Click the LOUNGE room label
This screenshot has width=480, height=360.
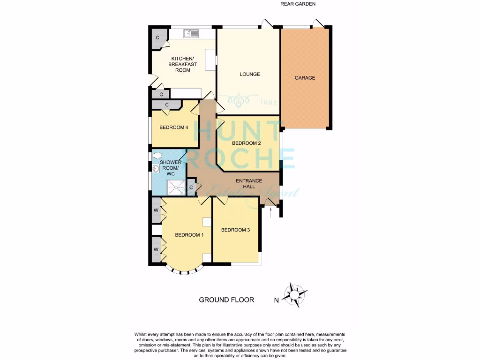pyautogui.click(x=249, y=74)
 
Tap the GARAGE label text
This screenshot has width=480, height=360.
pyautogui.click(x=305, y=78)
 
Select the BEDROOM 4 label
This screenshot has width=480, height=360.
pyautogui.click(x=173, y=127)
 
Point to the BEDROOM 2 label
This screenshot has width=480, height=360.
pyautogui.click(x=246, y=143)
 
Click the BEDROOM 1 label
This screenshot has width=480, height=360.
pyautogui.click(x=189, y=235)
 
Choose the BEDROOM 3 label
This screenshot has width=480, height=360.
pyautogui.click(x=235, y=230)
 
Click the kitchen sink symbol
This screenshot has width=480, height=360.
pyautogui.click(x=192, y=33)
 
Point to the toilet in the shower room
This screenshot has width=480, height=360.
pyautogui.click(x=157, y=156)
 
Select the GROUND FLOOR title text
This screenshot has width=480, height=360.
pyautogui.click(x=226, y=300)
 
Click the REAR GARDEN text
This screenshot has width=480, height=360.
pyautogui.click(x=298, y=4)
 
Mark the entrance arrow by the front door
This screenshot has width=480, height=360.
pyautogui.click(x=271, y=213)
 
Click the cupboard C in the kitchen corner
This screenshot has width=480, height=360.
pyautogui.click(x=158, y=37)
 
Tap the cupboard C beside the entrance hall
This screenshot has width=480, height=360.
pyautogui.click(x=191, y=188)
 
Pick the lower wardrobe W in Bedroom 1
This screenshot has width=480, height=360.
pyautogui.click(x=156, y=249)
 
